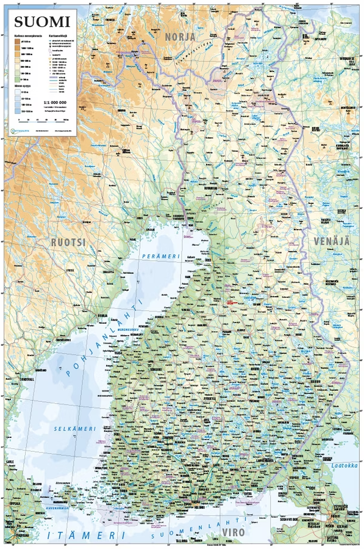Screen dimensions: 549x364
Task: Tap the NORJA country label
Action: tap(180, 37)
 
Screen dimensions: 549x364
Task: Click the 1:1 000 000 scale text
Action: tap(55, 102)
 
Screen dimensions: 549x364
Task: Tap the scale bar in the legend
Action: tap(55, 113)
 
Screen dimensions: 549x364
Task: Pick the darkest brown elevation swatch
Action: tap(18, 41)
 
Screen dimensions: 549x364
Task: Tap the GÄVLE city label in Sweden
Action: tap(9, 462)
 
